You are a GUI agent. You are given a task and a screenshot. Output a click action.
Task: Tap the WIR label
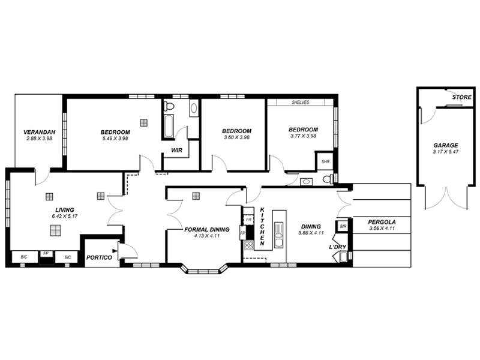click(x=176, y=150)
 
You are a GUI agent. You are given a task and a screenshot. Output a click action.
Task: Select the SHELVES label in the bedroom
click(x=300, y=103)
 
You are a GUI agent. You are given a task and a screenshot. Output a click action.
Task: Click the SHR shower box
click(x=325, y=161)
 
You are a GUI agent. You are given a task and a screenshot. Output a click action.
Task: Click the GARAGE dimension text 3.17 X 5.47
click(x=445, y=152)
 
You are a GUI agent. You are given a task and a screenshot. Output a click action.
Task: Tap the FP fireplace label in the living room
click(x=46, y=254)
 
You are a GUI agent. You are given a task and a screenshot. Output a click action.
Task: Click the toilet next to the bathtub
click(x=170, y=107)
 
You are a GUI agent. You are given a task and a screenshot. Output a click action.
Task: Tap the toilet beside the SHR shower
click(x=327, y=179)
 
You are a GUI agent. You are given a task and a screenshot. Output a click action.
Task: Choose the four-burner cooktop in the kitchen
click(x=248, y=245)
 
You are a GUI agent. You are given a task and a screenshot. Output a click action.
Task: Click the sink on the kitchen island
click(x=278, y=235)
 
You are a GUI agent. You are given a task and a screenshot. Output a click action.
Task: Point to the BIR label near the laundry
click(x=343, y=226)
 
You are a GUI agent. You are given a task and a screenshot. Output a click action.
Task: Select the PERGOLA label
click(x=382, y=221)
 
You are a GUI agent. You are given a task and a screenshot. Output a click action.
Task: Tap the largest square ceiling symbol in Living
click(x=56, y=231)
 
